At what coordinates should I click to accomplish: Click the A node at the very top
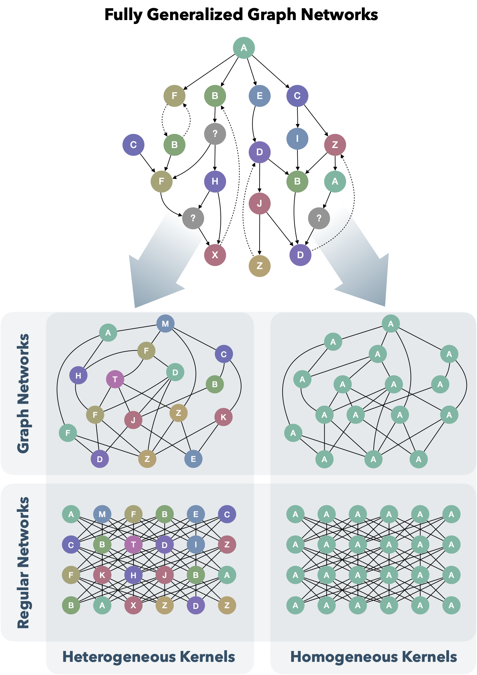(x=244, y=48)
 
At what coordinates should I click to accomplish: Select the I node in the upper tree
(x=297, y=138)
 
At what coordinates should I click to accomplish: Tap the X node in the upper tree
(x=215, y=255)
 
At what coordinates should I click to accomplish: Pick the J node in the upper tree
(x=260, y=204)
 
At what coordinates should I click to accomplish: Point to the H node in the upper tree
(x=215, y=181)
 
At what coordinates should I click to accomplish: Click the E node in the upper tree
(x=260, y=96)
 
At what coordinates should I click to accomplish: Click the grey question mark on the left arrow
(x=193, y=218)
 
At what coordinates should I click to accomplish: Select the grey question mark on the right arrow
(x=319, y=218)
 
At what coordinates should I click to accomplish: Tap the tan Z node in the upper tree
(x=260, y=266)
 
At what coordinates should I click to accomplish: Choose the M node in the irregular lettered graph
(x=165, y=324)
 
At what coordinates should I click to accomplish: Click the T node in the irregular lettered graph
(x=115, y=379)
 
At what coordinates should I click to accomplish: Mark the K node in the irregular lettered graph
(x=223, y=417)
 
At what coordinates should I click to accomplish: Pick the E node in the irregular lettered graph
(x=193, y=459)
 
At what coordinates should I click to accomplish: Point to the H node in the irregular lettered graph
(x=78, y=376)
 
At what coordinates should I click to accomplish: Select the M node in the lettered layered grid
(x=102, y=514)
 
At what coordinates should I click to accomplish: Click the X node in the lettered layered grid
(x=133, y=605)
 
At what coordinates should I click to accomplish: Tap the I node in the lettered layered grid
(x=196, y=545)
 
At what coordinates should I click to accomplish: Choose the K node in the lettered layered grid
(x=102, y=575)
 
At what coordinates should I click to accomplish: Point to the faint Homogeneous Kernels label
(x=373, y=657)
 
